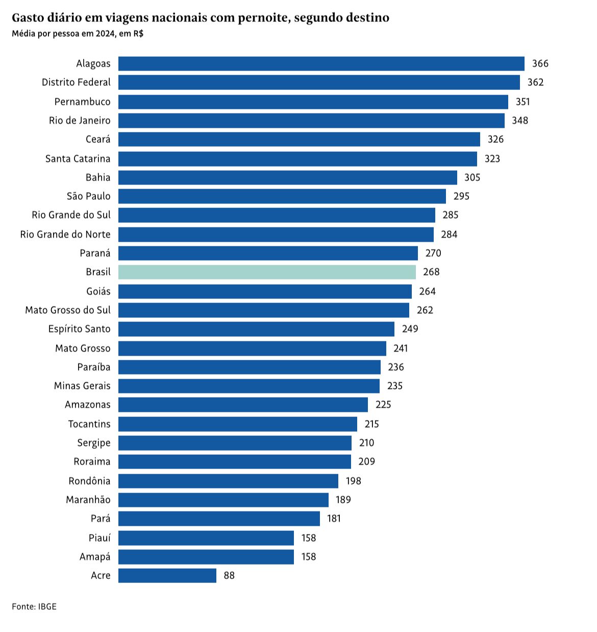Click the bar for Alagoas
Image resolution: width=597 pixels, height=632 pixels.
click(x=321, y=63)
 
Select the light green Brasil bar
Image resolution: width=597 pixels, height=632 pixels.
click(x=267, y=272)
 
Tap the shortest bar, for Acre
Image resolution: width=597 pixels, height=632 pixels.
click(x=167, y=575)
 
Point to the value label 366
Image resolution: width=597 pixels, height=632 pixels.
click(x=540, y=63)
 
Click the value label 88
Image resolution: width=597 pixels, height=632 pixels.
click(x=229, y=575)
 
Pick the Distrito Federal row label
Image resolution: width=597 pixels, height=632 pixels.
click(x=76, y=82)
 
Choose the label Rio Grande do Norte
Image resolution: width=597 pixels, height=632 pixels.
click(x=65, y=234)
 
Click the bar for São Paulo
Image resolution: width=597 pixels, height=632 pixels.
click(x=282, y=196)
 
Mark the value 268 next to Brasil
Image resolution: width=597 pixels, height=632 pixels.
click(x=431, y=272)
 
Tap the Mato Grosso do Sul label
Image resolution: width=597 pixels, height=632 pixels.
click(x=68, y=310)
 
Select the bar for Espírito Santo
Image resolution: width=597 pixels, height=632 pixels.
click(x=256, y=329)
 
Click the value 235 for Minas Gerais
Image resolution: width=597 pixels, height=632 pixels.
click(x=394, y=386)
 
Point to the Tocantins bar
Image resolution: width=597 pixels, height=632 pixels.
click(x=238, y=424)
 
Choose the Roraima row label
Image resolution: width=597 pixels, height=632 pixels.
click(x=92, y=461)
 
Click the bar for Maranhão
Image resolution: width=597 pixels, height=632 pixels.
click(x=223, y=499)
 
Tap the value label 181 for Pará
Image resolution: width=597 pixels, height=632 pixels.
click(x=334, y=518)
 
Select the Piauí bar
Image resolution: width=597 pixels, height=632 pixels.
click(x=206, y=537)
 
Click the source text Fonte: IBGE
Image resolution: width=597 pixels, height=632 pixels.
click(x=34, y=606)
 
